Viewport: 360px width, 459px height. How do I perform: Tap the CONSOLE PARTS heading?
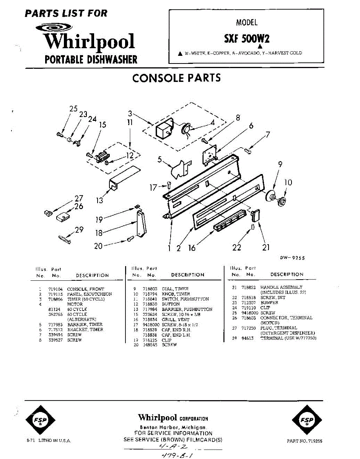point(176,78)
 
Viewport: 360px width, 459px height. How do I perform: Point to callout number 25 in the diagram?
point(73,109)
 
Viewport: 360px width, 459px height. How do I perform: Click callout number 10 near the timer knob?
point(288,183)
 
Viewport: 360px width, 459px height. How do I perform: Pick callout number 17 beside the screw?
point(153,187)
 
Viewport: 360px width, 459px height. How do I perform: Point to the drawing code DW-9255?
point(292,258)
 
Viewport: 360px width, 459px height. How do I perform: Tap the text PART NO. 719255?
point(305,441)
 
